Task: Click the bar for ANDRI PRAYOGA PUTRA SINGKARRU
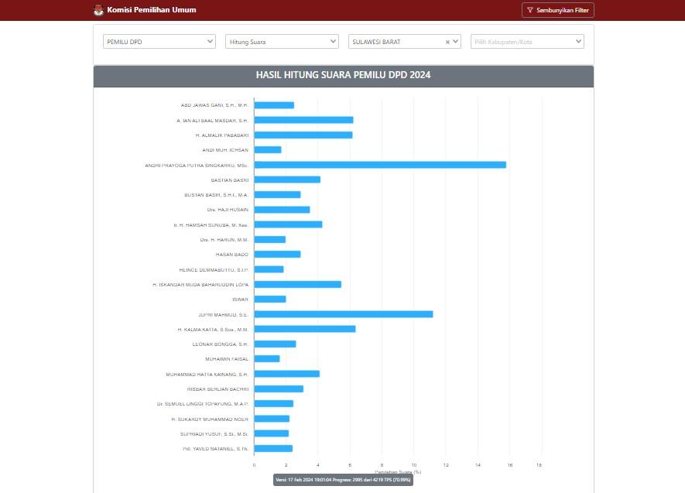pos(379,165)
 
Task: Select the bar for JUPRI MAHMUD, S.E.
pos(343,314)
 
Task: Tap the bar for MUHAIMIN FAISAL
pos(267,359)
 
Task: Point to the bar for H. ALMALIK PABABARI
pos(303,135)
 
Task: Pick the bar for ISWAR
pos(269,300)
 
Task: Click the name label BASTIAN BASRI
pos(229,180)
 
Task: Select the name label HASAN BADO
pos(231,255)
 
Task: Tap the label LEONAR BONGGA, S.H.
pos(220,344)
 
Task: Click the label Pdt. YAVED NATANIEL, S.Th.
pos(215,449)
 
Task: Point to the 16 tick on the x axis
pos(510,465)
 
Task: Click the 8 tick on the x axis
pos(382,465)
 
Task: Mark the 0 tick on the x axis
pos(254,465)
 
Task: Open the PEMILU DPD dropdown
pos(159,42)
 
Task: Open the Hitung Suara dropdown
pos(282,42)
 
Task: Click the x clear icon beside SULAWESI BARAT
pos(447,43)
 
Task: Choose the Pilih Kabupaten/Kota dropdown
pos(527,42)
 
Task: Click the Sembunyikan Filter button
pos(558,10)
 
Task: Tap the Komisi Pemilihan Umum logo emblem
pos(98,10)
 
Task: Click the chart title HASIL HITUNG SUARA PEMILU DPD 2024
pos(343,75)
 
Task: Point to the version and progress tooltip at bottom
pos(343,480)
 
